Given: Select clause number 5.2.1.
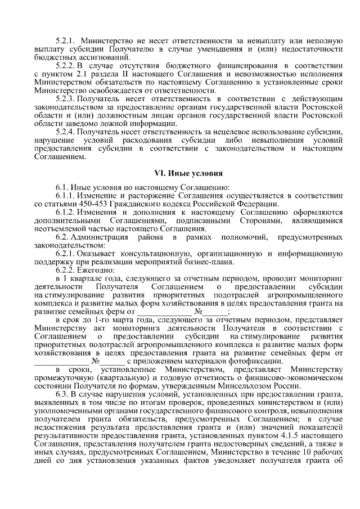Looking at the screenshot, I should (x=66, y=41).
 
